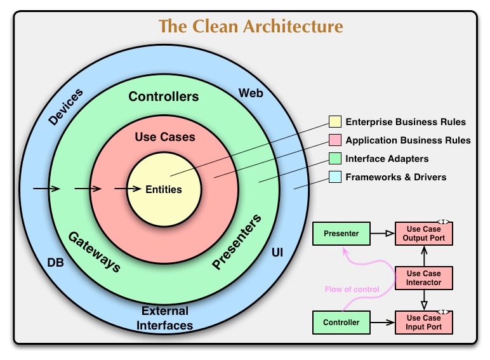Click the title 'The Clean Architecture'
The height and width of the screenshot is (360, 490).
[251, 26]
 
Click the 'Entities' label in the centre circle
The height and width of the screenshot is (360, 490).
[164, 189]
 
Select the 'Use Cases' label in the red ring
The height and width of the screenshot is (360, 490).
[165, 137]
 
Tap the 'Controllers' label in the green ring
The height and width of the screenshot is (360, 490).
[164, 97]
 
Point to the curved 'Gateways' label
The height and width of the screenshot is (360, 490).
[94, 251]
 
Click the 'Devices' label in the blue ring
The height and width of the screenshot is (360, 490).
[65, 106]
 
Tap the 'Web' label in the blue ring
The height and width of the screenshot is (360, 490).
[251, 93]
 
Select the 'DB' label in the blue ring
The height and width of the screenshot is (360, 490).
[55, 262]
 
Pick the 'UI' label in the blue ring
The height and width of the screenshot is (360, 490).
[277, 253]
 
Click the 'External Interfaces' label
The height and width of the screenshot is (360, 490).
[166, 318]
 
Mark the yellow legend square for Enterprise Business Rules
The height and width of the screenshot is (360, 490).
[334, 122]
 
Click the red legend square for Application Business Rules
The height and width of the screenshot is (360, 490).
[334, 140]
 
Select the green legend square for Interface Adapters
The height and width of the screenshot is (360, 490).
[334, 159]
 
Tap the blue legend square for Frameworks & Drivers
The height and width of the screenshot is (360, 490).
[334, 177]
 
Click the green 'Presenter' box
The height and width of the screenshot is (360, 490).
[341, 234]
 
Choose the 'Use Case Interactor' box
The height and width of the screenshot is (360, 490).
[423, 277]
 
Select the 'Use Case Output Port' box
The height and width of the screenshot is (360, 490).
[423, 234]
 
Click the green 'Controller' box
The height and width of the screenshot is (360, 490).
[341, 323]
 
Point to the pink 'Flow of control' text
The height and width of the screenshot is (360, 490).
[352, 290]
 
